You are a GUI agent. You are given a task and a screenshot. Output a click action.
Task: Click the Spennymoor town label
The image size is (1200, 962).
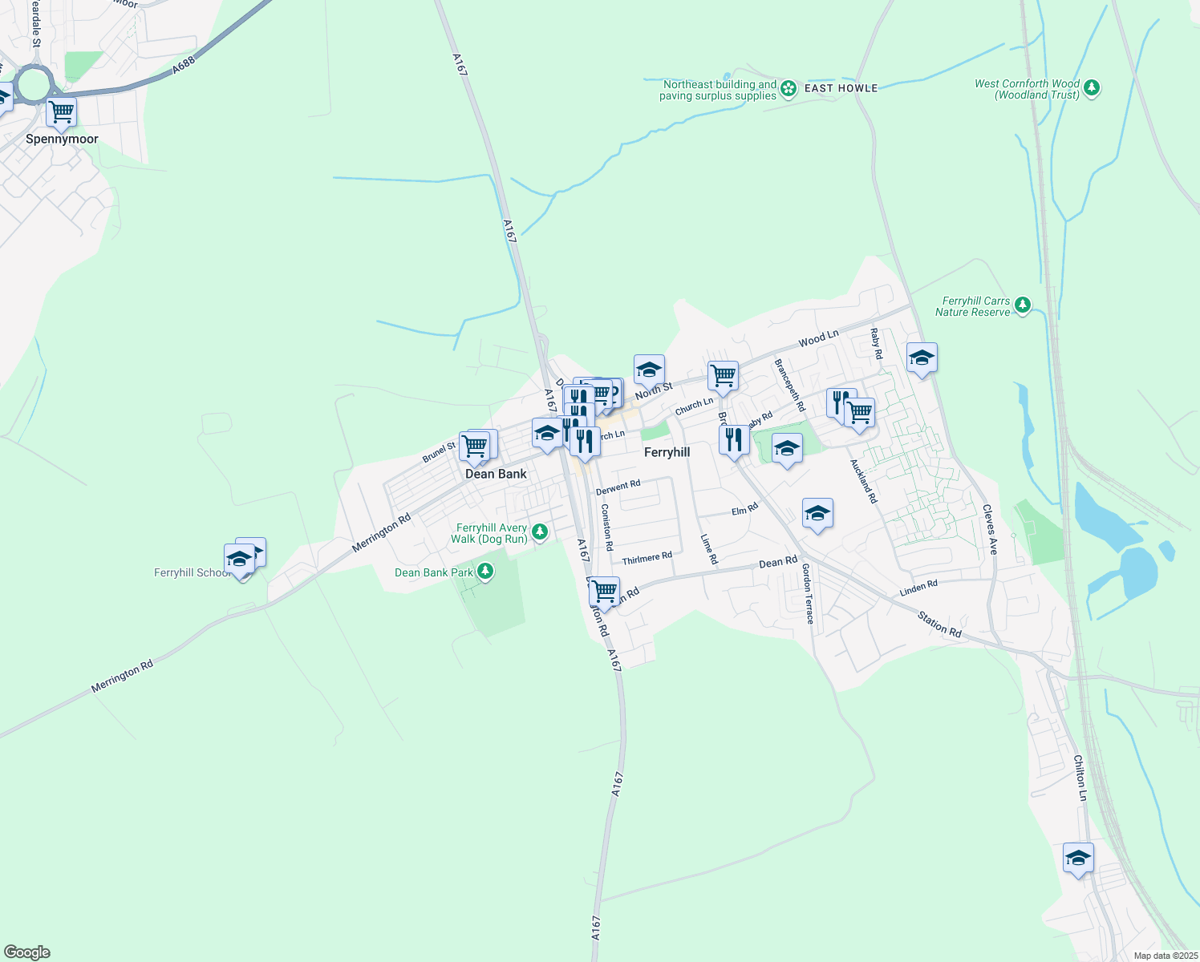click(62, 139)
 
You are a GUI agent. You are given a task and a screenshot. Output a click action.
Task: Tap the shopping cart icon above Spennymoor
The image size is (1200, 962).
click(61, 112)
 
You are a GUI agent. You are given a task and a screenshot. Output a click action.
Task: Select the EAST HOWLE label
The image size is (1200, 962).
click(841, 88)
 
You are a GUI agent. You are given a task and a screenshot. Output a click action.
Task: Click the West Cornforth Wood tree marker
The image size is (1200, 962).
click(1091, 89)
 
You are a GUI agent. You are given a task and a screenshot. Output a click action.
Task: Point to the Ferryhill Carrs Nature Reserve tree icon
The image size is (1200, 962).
click(1022, 305)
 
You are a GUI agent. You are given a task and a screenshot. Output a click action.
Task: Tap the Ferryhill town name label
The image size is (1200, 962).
click(667, 452)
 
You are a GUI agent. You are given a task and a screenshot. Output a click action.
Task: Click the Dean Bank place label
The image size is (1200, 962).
click(496, 474)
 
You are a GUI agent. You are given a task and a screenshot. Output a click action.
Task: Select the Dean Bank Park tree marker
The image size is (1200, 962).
click(484, 572)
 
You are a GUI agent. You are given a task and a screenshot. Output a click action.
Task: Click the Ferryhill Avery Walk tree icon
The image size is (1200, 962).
click(540, 532)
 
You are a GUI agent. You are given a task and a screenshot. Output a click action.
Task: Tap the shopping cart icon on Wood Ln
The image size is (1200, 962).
click(723, 375)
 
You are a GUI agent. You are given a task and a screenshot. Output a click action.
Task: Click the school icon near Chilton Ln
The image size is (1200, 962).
click(1078, 858)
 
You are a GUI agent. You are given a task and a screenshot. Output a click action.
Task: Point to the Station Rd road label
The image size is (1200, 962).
click(939, 624)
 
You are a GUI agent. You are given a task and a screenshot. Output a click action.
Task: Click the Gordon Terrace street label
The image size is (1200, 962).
click(808, 593)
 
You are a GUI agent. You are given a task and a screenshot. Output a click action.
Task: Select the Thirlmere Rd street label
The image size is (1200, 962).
click(647, 557)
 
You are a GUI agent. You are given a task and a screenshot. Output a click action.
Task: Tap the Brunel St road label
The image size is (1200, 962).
click(439, 453)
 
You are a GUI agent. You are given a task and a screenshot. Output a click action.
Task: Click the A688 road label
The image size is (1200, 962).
click(184, 66)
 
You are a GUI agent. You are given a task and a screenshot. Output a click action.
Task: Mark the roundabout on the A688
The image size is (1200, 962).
click(34, 85)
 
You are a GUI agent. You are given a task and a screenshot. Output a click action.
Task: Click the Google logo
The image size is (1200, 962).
click(27, 952)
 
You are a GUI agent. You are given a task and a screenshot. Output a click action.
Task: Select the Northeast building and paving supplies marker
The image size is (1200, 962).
click(789, 88)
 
